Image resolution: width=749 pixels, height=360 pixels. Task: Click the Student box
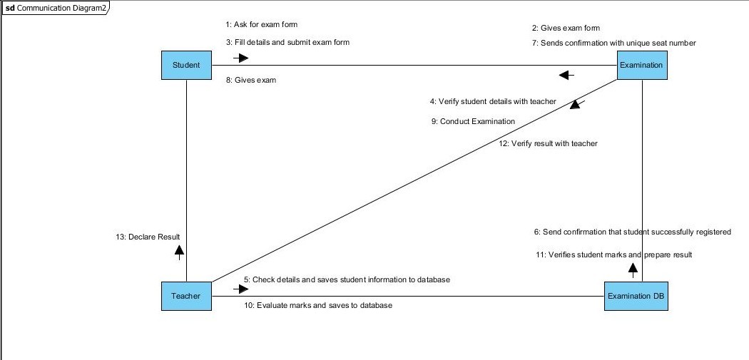[x=186, y=66]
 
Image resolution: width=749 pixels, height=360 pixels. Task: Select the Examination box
[x=641, y=66]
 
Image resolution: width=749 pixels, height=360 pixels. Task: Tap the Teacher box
[x=186, y=296]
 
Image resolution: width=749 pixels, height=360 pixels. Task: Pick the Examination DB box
[x=636, y=296]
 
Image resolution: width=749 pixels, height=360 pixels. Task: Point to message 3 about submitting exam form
[x=287, y=42]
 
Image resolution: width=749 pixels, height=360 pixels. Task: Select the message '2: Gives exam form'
[x=566, y=29]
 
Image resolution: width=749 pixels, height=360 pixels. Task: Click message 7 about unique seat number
[x=613, y=43]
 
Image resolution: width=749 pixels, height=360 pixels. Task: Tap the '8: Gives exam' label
[x=251, y=81]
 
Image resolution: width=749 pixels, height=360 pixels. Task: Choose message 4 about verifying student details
[x=493, y=102]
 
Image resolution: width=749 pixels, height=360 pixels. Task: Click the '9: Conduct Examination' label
[x=473, y=121]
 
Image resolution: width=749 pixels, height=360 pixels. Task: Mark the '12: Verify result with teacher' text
[x=548, y=143]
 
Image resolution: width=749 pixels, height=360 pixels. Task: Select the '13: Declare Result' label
[x=148, y=237]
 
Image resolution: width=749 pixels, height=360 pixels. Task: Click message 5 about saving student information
[x=347, y=279]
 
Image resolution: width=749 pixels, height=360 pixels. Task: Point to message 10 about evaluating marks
[x=318, y=305]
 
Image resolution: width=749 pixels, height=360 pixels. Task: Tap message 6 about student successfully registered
[x=633, y=232]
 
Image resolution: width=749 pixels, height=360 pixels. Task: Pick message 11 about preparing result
[x=613, y=254]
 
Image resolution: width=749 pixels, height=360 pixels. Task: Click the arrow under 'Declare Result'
[x=179, y=250]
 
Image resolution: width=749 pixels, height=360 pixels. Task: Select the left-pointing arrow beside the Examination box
[x=566, y=75]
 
